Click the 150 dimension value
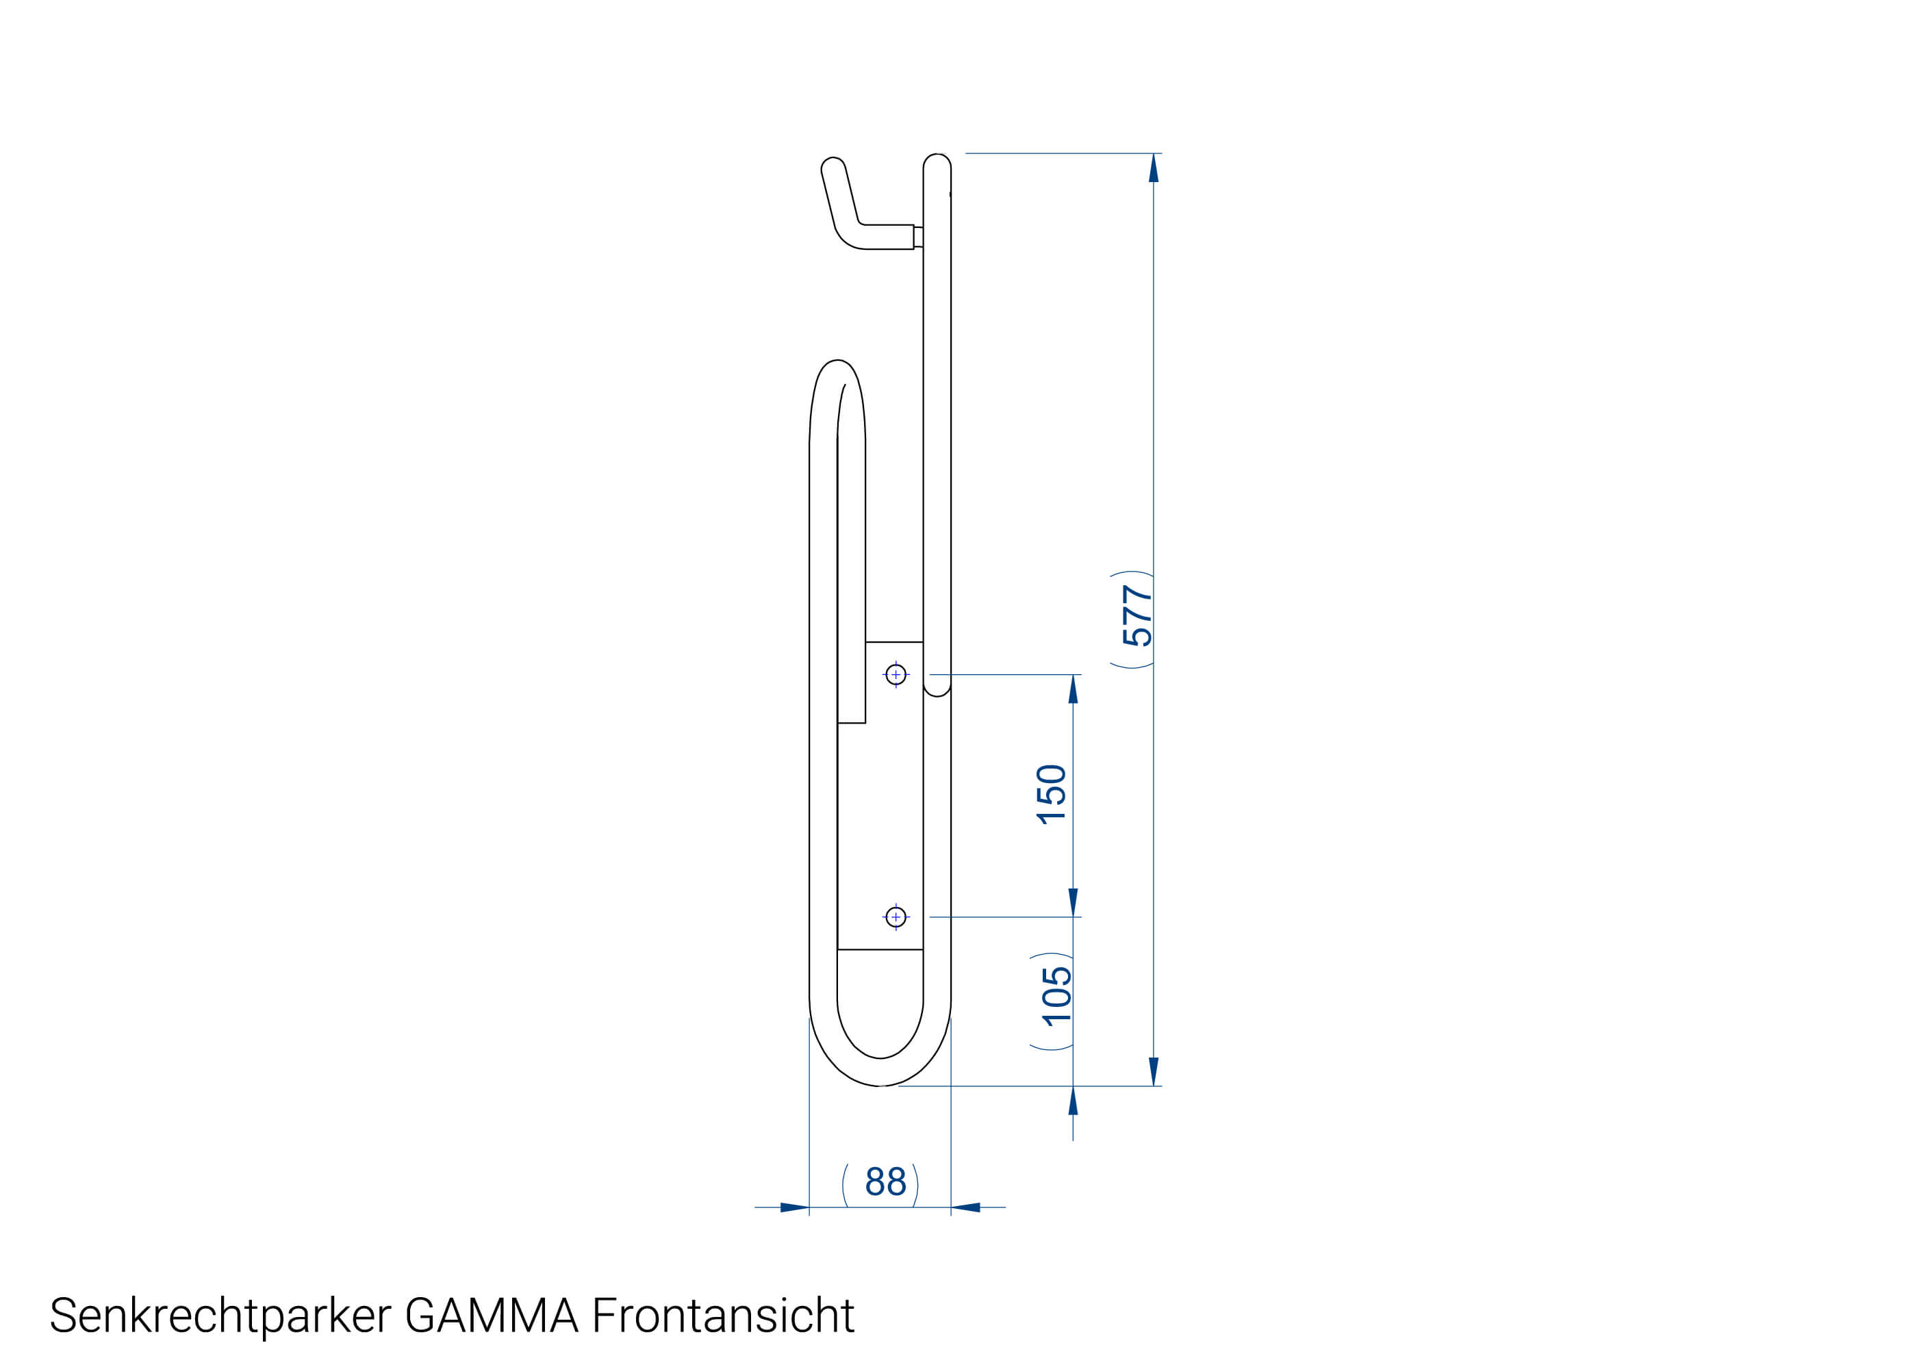coord(1050,793)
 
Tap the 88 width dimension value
coord(885,1182)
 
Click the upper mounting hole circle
coord(896,674)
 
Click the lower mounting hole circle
coord(896,917)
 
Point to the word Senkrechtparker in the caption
coord(220,1315)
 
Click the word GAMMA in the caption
coord(492,1315)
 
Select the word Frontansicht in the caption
coord(722,1315)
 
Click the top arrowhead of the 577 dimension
coord(1153,168)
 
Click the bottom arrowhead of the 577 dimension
coord(1153,1071)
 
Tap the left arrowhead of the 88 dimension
coord(794,1207)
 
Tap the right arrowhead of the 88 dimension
coord(966,1207)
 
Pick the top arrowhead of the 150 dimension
coord(1072,689)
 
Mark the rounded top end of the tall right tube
coord(937,160)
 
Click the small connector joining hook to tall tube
coord(918,237)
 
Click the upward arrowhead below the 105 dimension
coord(1072,1101)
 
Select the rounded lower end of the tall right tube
coord(937,691)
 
